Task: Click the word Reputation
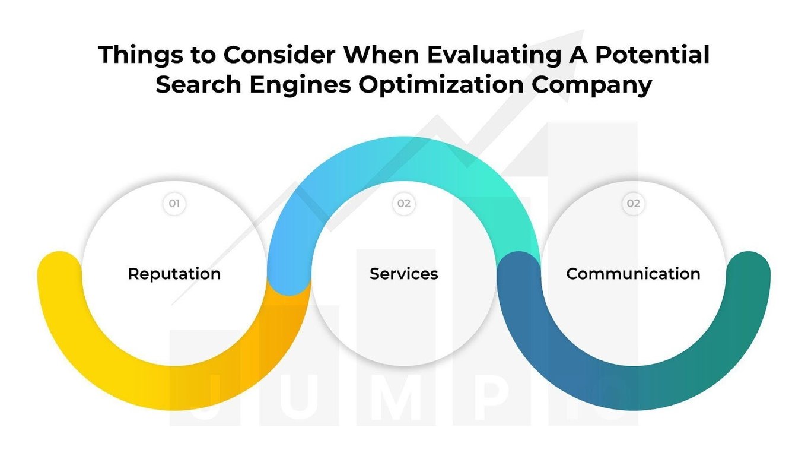pos(174,274)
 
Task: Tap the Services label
pos(403,274)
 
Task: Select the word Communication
pos(633,274)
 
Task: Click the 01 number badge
pos(174,204)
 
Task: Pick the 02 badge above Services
pos(404,204)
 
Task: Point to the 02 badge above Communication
pos(634,204)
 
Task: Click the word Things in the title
pos(136,55)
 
